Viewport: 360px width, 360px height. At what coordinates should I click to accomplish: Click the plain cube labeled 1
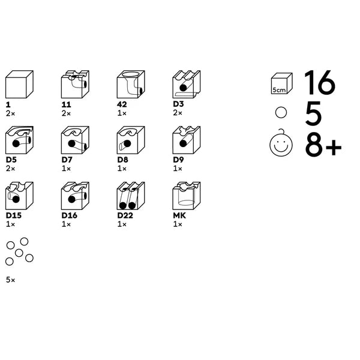tap(20, 84)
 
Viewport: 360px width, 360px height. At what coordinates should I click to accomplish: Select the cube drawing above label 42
tap(131, 84)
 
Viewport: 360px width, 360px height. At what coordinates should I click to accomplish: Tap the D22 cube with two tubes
tap(131, 196)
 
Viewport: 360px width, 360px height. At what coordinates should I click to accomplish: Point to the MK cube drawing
tap(187, 196)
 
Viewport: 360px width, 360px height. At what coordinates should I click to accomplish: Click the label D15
tap(14, 215)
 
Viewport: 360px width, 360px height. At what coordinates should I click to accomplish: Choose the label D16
tap(70, 215)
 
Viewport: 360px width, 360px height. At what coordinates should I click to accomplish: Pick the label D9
tap(178, 160)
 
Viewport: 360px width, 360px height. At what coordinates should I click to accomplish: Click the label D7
tap(67, 160)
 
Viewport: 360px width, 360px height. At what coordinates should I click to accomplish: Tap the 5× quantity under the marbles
tap(11, 280)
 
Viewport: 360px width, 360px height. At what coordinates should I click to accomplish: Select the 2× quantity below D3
tap(178, 113)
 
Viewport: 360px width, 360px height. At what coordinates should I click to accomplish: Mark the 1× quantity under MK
tap(178, 224)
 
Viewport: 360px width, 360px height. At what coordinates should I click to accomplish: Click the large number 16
tap(320, 82)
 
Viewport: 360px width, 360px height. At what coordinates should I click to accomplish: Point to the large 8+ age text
tap(323, 145)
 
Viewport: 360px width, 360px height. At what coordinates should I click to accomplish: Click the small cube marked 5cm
tap(282, 83)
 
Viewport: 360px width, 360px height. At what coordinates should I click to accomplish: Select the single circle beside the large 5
tap(281, 113)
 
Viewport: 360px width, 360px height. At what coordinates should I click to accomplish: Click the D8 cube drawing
tap(131, 140)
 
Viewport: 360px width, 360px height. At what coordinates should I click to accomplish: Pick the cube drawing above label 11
tap(75, 84)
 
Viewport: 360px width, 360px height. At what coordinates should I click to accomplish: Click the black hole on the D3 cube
tap(183, 88)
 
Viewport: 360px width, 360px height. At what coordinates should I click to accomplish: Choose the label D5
tap(11, 160)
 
